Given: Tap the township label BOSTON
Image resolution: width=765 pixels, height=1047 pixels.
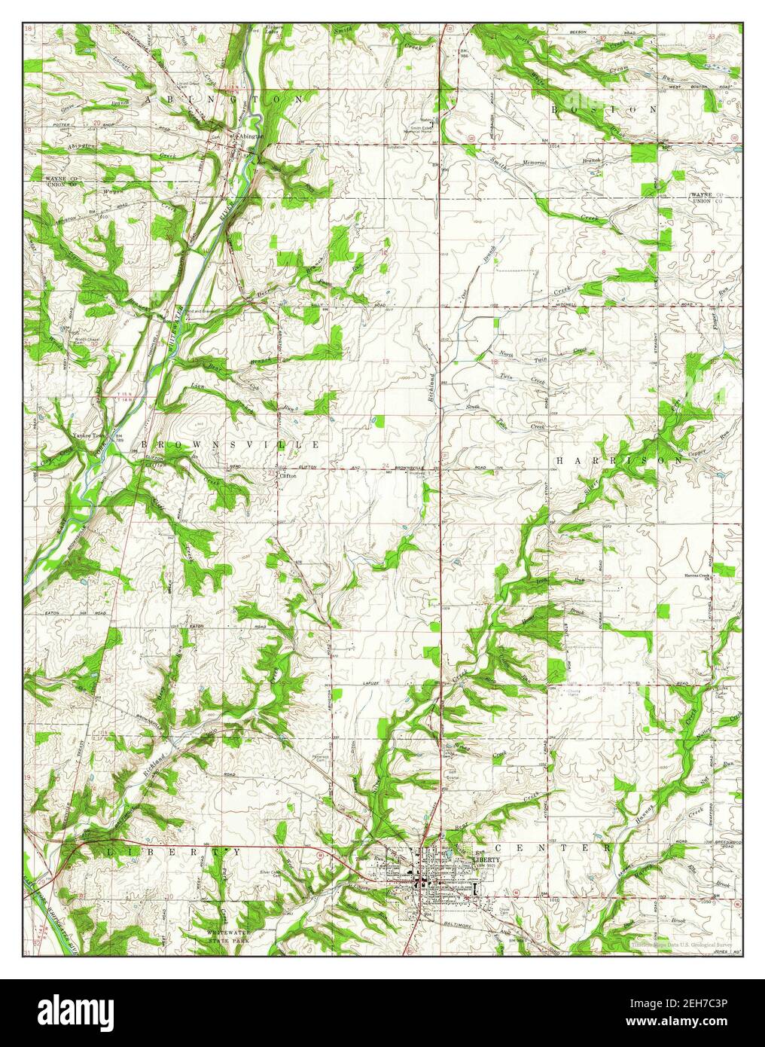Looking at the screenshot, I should (605, 109).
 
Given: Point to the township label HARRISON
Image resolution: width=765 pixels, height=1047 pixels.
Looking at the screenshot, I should (620, 459).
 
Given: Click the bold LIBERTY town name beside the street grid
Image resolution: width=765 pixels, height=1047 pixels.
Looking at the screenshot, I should (486, 859).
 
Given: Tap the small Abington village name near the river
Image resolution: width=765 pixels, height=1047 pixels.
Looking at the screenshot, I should (250, 136).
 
